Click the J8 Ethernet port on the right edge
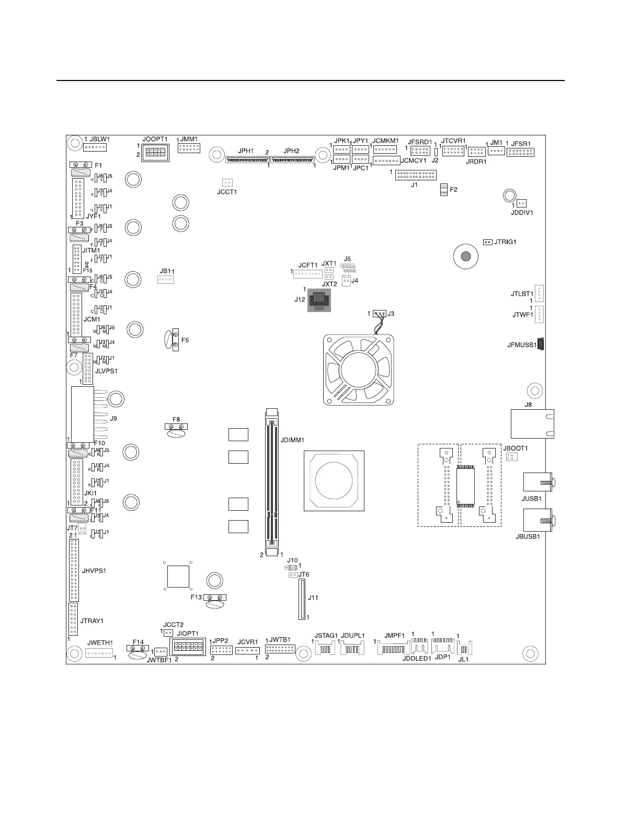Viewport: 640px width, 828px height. [x=532, y=424]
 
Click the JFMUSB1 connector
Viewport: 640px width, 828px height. [x=541, y=345]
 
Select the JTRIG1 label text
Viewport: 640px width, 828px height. [x=505, y=242]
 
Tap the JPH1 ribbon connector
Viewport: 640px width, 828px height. [x=247, y=157]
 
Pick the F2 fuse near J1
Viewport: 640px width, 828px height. [x=443, y=190]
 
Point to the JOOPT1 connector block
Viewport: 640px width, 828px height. [x=155, y=152]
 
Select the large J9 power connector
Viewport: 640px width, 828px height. [x=83, y=415]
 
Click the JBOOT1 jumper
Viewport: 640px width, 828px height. [x=511, y=457]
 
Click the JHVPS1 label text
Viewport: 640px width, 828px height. [x=94, y=570]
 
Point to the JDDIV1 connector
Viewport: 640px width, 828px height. [x=522, y=203]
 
